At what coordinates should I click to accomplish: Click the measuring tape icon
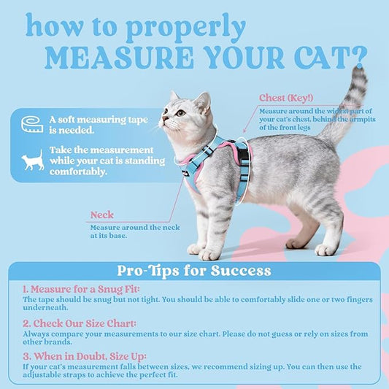[32, 124]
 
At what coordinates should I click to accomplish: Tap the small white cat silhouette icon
[33, 160]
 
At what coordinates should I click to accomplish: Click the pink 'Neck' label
[102, 215]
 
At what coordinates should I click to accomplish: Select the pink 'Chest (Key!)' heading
[286, 98]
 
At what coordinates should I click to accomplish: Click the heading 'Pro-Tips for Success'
[194, 271]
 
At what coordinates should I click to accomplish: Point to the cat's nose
[163, 118]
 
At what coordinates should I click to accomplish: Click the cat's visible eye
[180, 113]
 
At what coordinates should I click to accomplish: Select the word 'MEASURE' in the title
[119, 58]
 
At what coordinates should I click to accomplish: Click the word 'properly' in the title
[186, 28]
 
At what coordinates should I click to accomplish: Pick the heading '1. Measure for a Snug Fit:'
[81, 289]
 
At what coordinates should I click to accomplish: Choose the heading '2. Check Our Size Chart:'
[80, 323]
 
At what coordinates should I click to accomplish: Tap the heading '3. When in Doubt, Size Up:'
[85, 356]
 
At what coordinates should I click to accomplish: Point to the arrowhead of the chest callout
[244, 131]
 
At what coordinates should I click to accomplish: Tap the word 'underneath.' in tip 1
[45, 308]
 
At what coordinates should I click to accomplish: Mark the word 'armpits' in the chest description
[363, 120]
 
